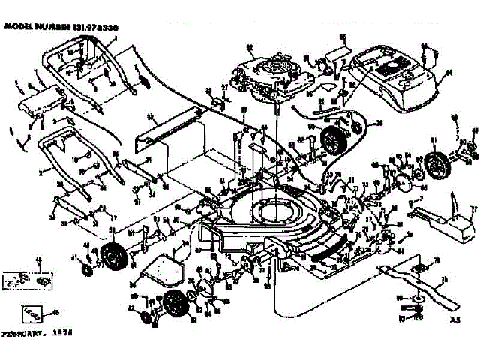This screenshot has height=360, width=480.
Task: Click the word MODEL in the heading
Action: [x=19, y=25]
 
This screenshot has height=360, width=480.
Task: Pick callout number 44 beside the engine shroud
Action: [x=449, y=73]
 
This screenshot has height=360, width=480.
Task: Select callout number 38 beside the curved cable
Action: [x=378, y=123]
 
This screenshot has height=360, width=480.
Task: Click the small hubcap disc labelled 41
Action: [x=84, y=268]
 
